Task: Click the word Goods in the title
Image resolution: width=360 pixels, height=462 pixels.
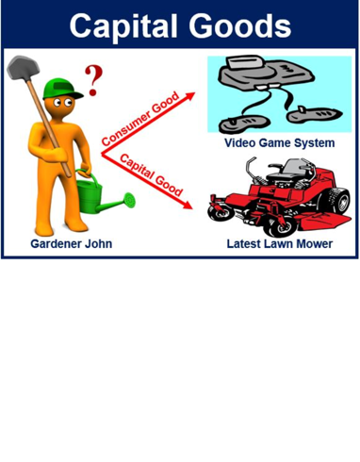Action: pos(240,25)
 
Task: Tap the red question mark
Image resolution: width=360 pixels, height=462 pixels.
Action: pos(93,80)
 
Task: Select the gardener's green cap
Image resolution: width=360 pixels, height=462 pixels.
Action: pos(62,89)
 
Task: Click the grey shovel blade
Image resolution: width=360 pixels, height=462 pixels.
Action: pos(23,67)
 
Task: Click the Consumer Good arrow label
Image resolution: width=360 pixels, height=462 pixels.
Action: pos(140,119)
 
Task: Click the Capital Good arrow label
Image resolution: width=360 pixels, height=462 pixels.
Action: pos(152,174)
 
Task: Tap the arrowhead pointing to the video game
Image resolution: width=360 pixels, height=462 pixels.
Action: pos(189,96)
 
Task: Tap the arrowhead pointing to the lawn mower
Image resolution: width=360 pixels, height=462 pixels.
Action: pos(188,205)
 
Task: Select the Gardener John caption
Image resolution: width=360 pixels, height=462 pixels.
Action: pos(72,243)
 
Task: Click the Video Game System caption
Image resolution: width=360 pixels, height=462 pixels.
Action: pos(280,143)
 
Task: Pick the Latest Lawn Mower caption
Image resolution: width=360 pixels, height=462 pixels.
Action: pos(280,243)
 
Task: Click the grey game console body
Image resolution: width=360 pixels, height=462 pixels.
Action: pos(266,74)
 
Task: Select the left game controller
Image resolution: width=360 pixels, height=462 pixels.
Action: pos(244,124)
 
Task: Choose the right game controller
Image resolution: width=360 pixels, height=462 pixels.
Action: pos(314,115)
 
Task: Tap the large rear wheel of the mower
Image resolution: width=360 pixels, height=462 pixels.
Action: pos(336,200)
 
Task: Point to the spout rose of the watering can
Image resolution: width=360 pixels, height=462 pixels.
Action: pos(129,200)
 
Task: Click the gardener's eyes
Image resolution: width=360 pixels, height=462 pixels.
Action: pos(62,102)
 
